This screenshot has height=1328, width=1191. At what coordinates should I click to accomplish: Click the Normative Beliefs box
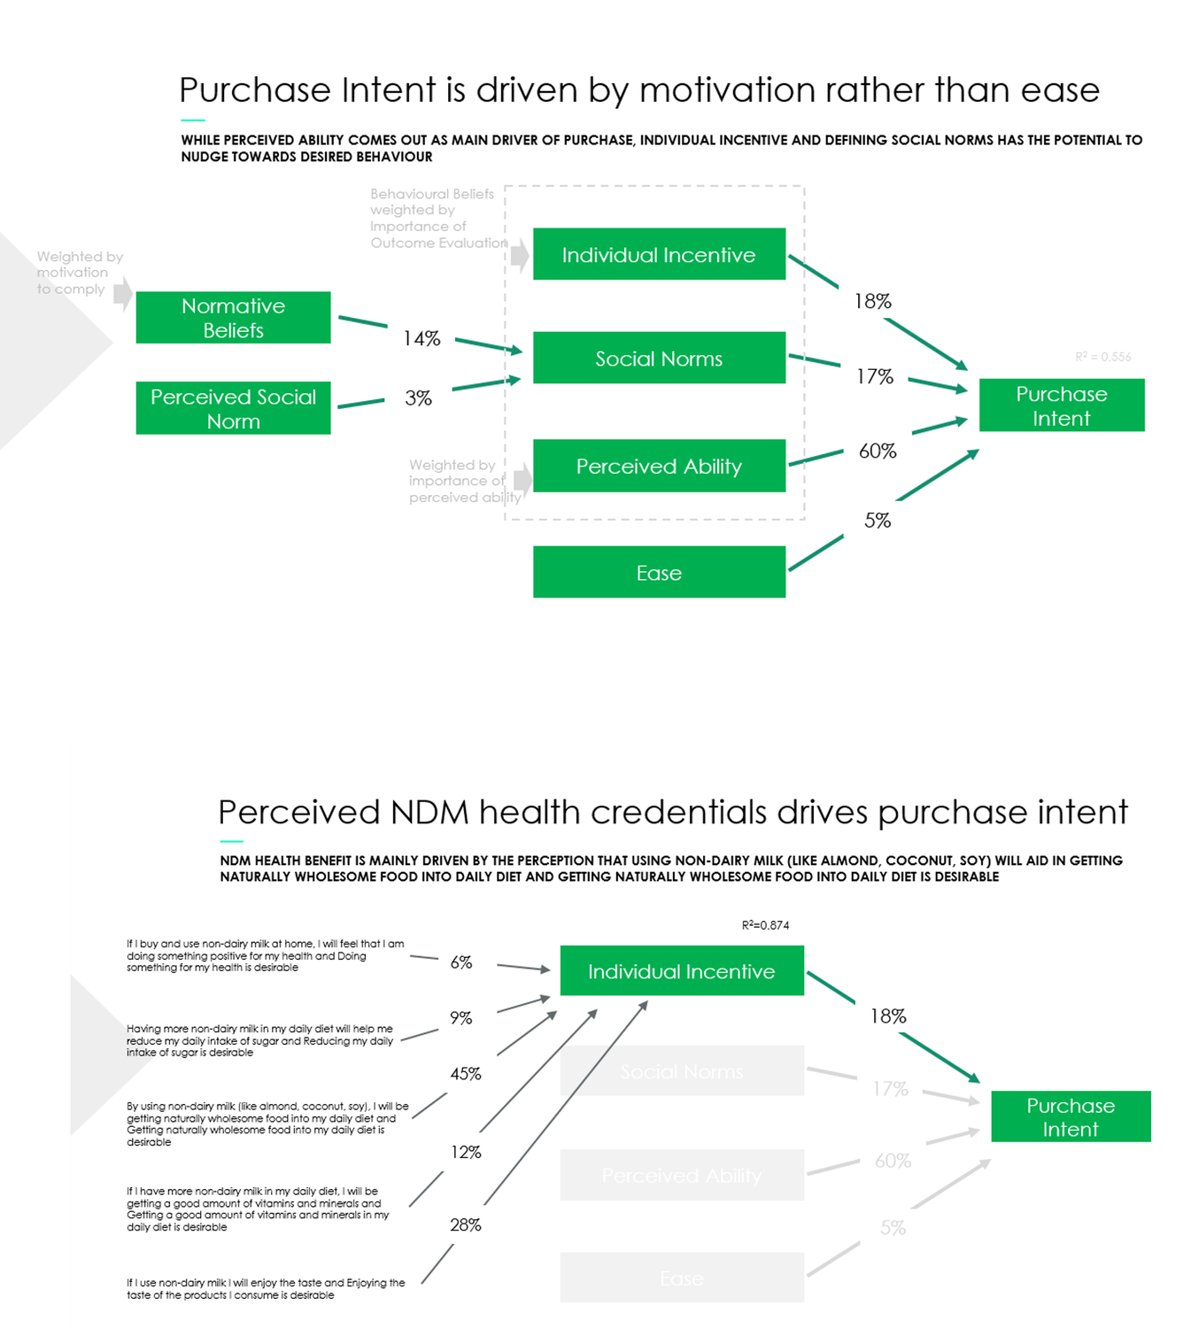(x=233, y=318)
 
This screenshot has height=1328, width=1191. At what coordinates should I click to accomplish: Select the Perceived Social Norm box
(x=233, y=408)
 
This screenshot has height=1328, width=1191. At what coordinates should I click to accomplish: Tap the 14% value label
(x=421, y=339)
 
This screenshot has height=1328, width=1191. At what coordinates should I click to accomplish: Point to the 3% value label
(x=418, y=398)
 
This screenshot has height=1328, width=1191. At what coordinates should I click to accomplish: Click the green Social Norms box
(x=659, y=359)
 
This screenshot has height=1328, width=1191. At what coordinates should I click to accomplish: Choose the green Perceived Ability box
(x=659, y=467)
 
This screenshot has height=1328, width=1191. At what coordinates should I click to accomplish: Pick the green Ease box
(x=659, y=573)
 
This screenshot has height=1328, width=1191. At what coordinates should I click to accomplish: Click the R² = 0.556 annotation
(x=1102, y=357)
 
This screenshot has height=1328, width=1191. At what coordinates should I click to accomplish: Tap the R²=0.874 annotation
(x=765, y=925)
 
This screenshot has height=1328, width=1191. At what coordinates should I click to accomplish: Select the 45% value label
(x=466, y=1074)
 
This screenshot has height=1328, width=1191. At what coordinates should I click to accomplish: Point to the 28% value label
(x=466, y=1225)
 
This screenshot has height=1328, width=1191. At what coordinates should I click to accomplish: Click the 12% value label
(x=466, y=1152)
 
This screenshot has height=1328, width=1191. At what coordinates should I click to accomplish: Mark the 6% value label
(x=461, y=962)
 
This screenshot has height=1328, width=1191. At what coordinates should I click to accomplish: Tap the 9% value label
(x=461, y=1018)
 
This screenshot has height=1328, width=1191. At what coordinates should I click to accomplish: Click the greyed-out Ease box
(x=682, y=1278)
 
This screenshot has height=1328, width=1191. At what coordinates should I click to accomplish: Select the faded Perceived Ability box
(x=682, y=1176)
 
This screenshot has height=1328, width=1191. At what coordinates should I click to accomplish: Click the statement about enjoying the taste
(x=265, y=1289)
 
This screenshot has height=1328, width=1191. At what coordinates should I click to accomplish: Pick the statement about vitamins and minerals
(x=258, y=1209)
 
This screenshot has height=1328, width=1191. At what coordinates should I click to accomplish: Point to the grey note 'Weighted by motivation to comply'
(x=78, y=273)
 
